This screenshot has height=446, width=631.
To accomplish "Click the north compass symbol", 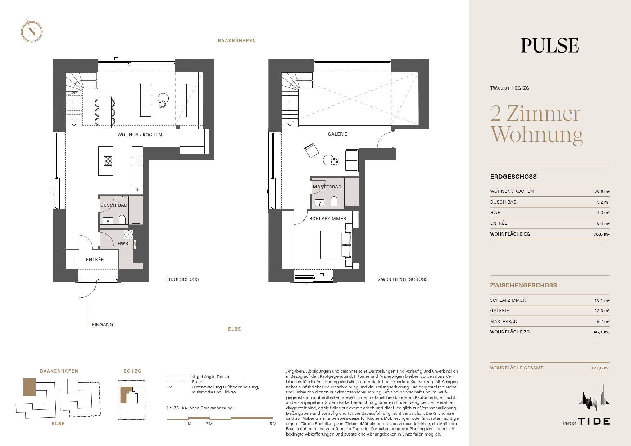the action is coord(32,32).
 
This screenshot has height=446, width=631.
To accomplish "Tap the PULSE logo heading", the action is coord(550,46).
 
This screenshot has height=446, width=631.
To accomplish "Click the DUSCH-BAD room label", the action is coord(114,205).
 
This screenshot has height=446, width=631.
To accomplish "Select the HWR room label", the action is coord(123,244).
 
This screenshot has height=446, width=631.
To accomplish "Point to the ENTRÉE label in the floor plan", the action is coord(95,260).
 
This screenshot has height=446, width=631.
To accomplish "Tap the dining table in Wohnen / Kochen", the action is coord(105,112).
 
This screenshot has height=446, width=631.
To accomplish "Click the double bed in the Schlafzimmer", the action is coord(335,245).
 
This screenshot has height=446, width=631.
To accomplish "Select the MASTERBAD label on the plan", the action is coord(327,187).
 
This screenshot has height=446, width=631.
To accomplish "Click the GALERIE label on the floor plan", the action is coord(337,134).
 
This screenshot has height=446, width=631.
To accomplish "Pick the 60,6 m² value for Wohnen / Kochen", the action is coord(602,191).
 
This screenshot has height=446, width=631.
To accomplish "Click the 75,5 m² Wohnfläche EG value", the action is coord(602,234).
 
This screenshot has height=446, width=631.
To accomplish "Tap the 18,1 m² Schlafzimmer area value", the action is coord(602,300).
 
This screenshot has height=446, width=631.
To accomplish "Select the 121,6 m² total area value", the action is coord(600,368).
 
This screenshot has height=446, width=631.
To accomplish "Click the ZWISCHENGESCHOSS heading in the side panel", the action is coord(523,285).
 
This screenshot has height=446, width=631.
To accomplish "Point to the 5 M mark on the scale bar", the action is coord(273,424).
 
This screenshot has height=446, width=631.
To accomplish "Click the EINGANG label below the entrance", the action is coord(103,325).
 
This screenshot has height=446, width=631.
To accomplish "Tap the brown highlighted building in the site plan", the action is coord(29,387).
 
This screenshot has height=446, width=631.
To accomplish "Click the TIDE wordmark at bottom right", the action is coord(594,421).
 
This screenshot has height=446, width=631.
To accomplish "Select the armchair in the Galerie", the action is coord(312,150).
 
